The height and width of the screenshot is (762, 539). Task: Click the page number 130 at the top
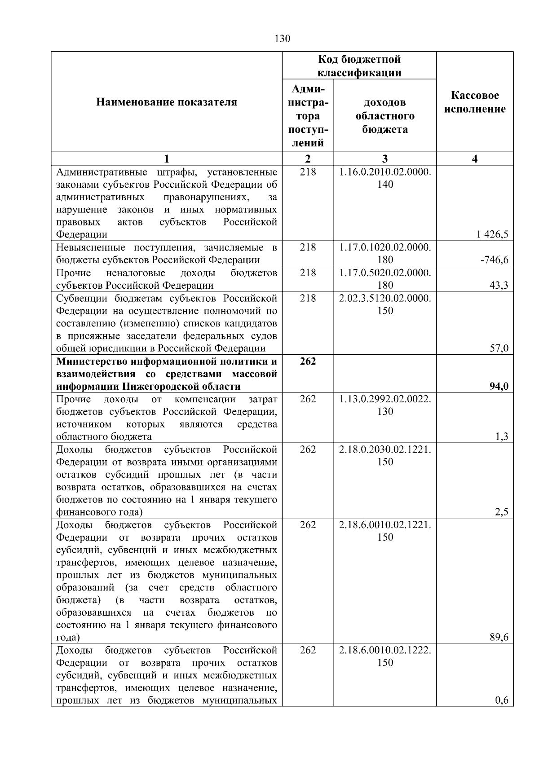pyautogui.click(x=282, y=39)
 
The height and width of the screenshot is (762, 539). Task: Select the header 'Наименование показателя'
pyautogui.click(x=167, y=102)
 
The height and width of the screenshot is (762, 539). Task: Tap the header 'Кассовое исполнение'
pyautogui.click(x=475, y=102)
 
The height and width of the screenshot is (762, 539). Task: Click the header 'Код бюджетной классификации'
pyautogui.click(x=359, y=66)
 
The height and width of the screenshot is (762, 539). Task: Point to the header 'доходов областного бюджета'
pyautogui.click(x=385, y=116)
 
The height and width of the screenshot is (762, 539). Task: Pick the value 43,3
pyautogui.click(x=499, y=285)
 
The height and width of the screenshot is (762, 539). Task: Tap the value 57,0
pyautogui.click(x=499, y=348)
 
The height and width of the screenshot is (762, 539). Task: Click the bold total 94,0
pyautogui.click(x=499, y=387)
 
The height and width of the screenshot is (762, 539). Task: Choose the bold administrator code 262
pyautogui.click(x=308, y=361)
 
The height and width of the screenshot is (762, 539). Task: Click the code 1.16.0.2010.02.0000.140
pyautogui.click(x=385, y=178)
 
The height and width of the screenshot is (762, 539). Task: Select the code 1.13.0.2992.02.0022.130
pyautogui.click(x=385, y=405)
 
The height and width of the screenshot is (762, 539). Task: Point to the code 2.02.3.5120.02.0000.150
pyautogui.click(x=385, y=304)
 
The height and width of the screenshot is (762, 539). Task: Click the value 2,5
pyautogui.click(x=501, y=512)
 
